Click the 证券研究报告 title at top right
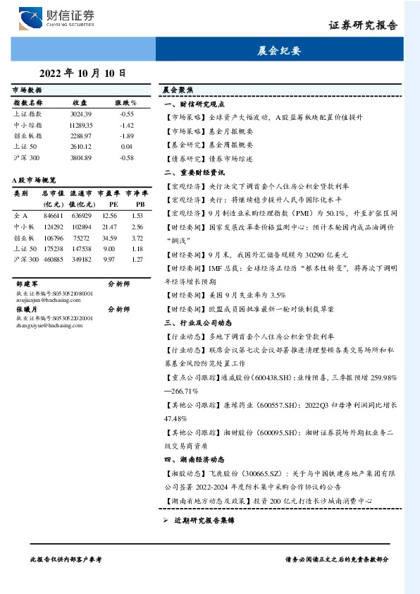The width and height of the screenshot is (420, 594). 363,25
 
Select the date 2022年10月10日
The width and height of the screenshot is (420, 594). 82,73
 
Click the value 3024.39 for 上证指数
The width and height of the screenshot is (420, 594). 81,114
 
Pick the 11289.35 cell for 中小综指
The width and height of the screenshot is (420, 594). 81,125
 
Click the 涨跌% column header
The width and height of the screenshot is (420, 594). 125,103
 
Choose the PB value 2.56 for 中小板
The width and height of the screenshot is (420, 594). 137,226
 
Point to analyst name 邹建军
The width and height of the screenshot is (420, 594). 26,283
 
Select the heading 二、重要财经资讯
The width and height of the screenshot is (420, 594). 194,172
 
